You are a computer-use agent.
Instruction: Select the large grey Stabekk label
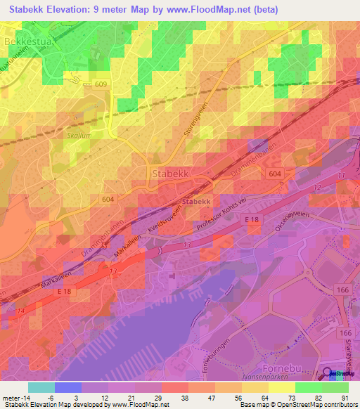169,173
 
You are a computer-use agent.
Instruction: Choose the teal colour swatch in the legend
41,387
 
